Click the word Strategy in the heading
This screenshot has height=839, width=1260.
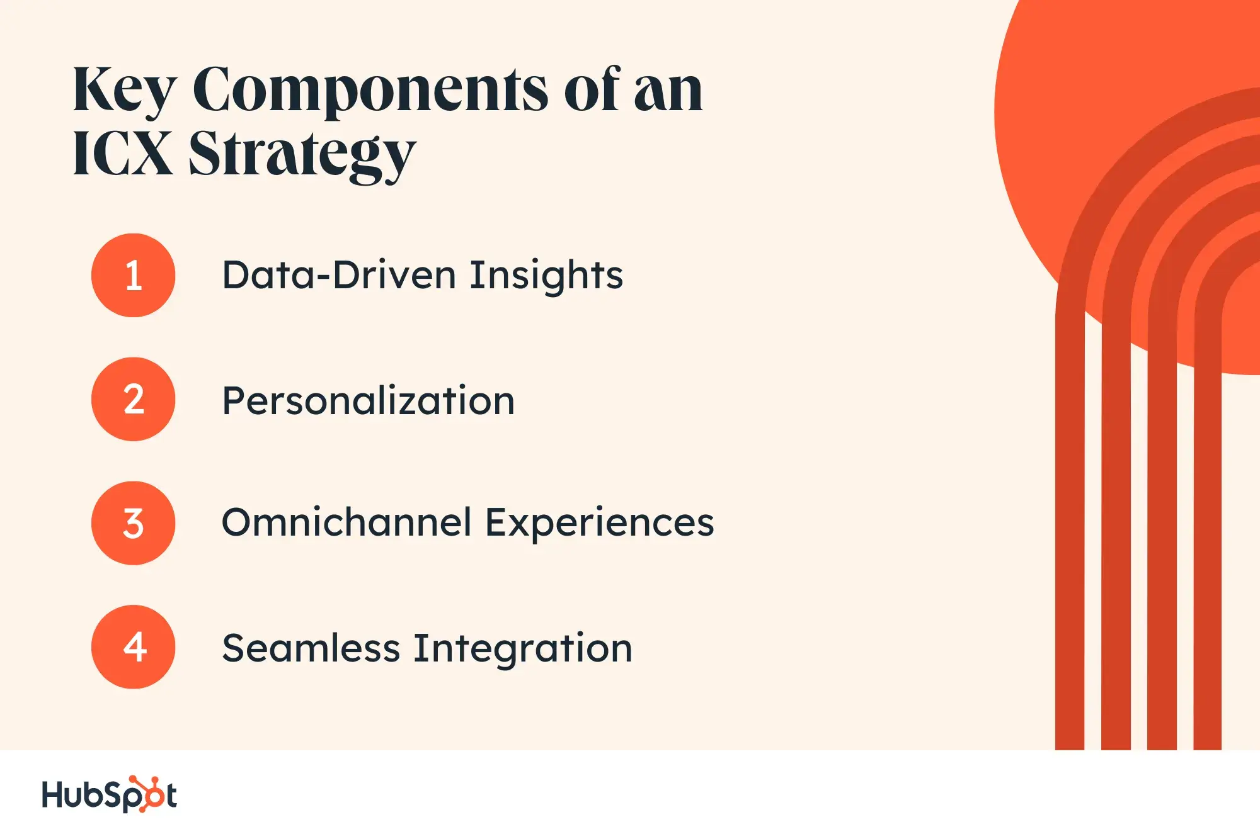(302, 156)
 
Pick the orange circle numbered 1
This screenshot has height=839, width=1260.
(133, 275)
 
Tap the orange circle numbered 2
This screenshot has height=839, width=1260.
(133, 399)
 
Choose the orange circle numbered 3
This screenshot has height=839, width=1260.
(133, 523)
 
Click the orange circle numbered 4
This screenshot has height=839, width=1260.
(133, 647)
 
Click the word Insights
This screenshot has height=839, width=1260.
(546, 276)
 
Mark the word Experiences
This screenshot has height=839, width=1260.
(600, 524)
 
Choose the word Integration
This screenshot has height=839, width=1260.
(523, 650)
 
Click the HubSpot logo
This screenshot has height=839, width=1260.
(109, 794)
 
